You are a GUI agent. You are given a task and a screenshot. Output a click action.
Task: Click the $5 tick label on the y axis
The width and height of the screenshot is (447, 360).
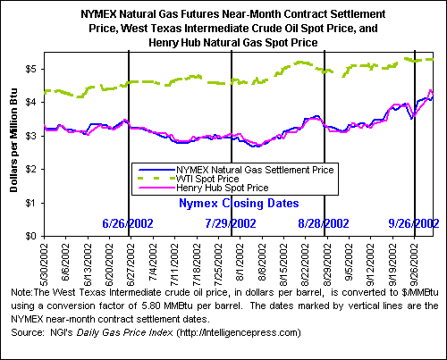(31, 69)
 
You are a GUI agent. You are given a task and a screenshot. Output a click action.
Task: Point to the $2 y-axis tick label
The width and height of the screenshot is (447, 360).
(31, 169)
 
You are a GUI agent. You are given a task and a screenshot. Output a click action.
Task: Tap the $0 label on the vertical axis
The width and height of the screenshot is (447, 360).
(31, 236)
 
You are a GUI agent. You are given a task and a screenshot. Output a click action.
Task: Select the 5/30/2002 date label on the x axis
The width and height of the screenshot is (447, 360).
(44, 264)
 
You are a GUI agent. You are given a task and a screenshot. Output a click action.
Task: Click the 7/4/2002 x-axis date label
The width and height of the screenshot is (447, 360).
(153, 262)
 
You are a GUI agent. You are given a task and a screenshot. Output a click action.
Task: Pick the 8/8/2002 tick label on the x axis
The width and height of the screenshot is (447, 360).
(262, 262)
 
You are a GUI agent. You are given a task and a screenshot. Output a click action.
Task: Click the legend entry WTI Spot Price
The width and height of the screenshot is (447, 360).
(207, 179)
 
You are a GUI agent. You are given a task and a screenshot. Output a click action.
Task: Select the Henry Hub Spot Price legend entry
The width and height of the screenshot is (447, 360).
(223, 188)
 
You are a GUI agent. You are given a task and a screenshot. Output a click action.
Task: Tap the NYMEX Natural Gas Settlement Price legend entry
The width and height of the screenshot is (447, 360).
(255, 170)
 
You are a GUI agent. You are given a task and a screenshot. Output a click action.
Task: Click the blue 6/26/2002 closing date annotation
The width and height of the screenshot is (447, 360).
(128, 223)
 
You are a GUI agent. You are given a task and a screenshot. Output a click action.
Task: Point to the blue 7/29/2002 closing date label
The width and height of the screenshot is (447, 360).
(231, 223)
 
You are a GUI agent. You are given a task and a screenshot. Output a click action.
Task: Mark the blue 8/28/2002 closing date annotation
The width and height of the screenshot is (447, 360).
(324, 223)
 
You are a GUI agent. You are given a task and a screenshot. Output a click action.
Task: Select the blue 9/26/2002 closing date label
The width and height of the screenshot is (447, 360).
(414, 223)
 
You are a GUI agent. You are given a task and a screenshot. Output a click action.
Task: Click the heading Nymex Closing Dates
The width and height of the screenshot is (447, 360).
(239, 204)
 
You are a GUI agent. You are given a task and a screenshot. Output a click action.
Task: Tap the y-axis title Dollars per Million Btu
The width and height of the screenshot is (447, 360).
(13, 140)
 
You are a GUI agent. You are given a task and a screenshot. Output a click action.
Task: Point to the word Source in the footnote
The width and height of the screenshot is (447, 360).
(28, 332)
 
